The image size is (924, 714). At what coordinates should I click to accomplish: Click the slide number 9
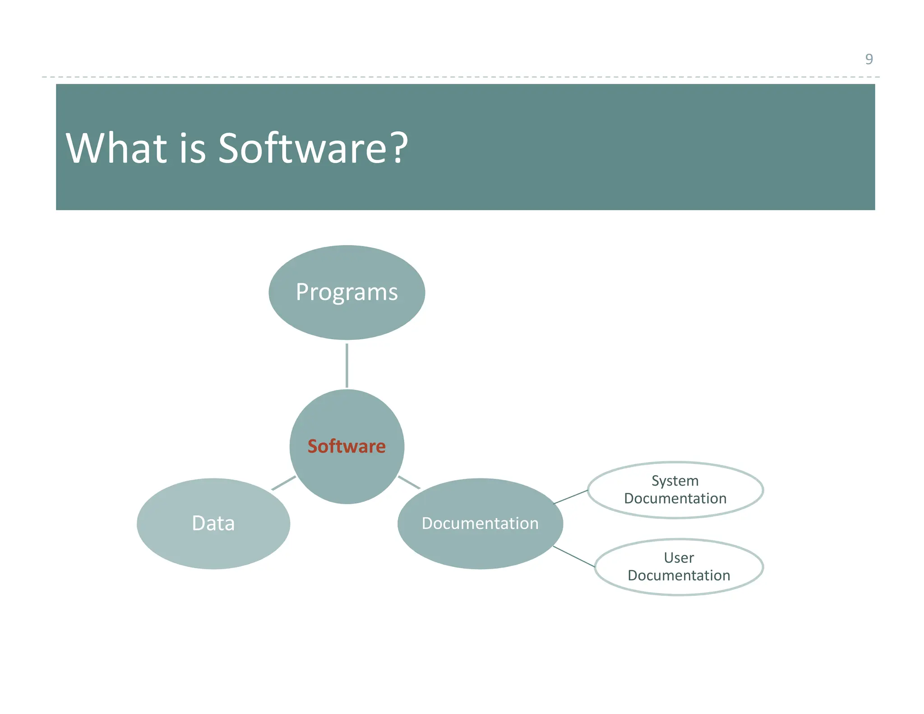pos(869,59)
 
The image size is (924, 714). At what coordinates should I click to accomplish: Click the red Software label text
pos(346,446)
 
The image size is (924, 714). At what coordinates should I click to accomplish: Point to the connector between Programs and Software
pos(346,366)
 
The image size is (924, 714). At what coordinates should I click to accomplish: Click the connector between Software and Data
pos(283,483)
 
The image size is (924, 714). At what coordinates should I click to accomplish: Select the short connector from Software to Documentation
pos(409,482)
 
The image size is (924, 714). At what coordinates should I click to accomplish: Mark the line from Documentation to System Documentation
pos(570,497)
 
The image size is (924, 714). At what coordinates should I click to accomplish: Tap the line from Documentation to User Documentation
pos(574,556)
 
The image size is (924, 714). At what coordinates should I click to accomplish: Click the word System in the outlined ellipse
pos(675,481)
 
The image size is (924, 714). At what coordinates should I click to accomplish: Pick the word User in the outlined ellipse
pos(679,558)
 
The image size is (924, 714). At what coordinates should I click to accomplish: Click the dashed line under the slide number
pos(451,77)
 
